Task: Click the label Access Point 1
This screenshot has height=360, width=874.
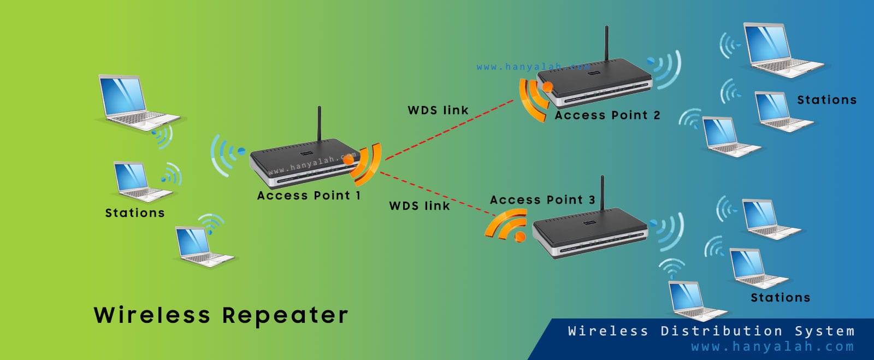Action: point(309,196)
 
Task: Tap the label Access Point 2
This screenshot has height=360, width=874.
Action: point(607,115)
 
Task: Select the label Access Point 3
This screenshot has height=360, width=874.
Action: point(542,200)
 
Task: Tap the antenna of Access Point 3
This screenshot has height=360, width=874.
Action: point(602,193)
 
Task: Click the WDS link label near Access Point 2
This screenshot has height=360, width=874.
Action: point(438,110)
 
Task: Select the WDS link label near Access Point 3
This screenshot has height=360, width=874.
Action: point(420,206)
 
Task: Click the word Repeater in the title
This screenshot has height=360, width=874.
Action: point(285,315)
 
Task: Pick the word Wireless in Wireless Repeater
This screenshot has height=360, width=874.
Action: point(152,315)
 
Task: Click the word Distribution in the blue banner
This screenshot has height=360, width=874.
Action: point(721,331)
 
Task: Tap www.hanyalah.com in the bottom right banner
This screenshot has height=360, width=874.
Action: point(772,347)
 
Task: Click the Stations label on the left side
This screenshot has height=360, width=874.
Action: point(134,213)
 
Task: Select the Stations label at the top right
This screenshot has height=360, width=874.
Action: point(826,100)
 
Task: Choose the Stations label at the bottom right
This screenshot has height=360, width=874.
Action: point(780,298)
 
